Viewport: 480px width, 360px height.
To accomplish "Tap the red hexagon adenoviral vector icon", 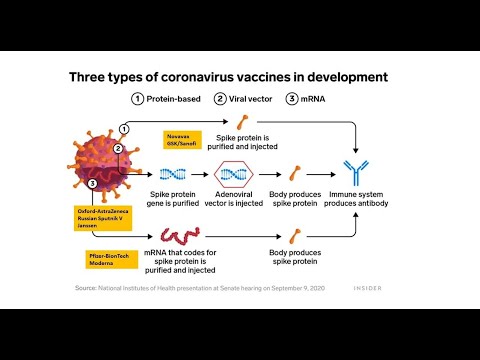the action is tap(234, 174).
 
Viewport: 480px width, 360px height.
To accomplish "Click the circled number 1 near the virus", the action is tap(124, 128).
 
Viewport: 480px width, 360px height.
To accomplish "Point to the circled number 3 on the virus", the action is tap(92, 184).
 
